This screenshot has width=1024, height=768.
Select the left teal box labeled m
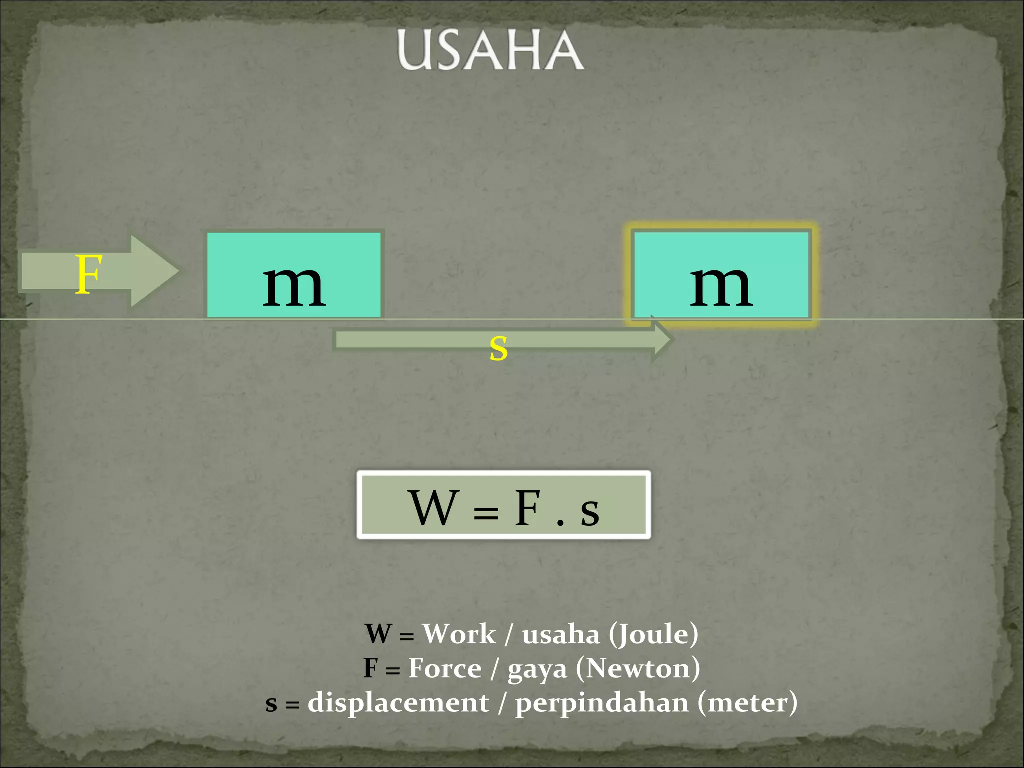pyautogui.click(x=294, y=275)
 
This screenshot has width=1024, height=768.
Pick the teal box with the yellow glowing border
pyautogui.click(x=721, y=275)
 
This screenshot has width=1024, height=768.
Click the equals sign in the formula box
pyautogui.click(x=486, y=512)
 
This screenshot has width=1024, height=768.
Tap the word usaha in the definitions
pyautogui.click(x=560, y=635)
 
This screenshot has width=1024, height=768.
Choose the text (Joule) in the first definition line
pyautogui.click(x=653, y=635)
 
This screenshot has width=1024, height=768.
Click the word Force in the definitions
pyautogui.click(x=445, y=668)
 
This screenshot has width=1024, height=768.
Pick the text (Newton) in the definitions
pyautogui.click(x=638, y=668)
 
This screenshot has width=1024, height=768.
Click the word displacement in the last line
pyautogui.click(x=398, y=703)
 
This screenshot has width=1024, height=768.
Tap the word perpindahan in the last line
pyautogui.click(x=602, y=703)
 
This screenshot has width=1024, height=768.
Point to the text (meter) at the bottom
pyautogui.click(x=747, y=703)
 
